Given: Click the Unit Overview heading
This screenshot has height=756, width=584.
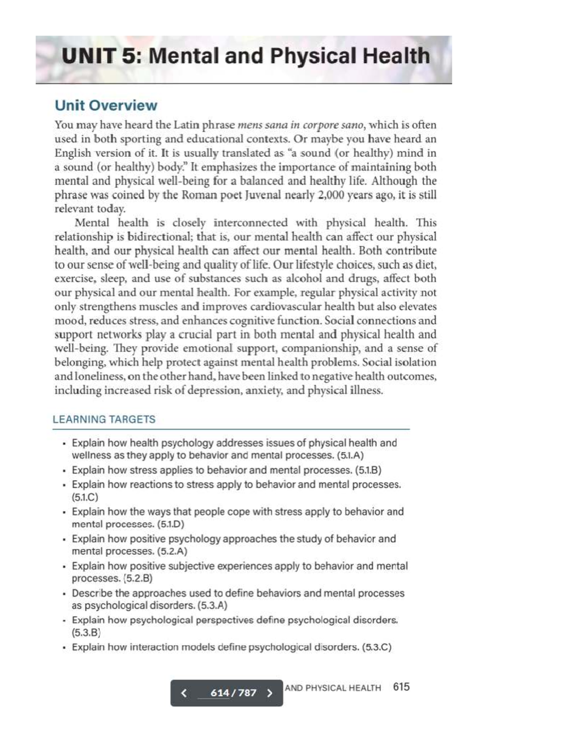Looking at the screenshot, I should pyautogui.click(x=106, y=105).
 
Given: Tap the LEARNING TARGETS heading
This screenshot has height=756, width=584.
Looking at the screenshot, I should pyautogui.click(x=104, y=419).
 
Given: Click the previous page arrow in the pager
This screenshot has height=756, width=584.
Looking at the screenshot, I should pyautogui.click(x=183, y=693).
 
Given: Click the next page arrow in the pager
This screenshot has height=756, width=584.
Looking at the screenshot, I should pyautogui.click(x=270, y=693).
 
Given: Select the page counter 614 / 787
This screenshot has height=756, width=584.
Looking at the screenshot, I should pyautogui.click(x=233, y=693).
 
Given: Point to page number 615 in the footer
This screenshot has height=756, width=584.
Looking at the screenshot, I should pyautogui.click(x=401, y=687).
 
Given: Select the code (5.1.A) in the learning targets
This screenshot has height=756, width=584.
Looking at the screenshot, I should pyautogui.click(x=350, y=455).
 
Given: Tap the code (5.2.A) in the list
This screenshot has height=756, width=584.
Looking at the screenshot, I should pyautogui.click(x=172, y=551).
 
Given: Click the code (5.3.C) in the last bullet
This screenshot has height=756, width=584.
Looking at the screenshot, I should pyautogui.click(x=377, y=647).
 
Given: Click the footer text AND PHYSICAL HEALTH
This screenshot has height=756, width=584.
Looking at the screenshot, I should pyautogui.click(x=333, y=688).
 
